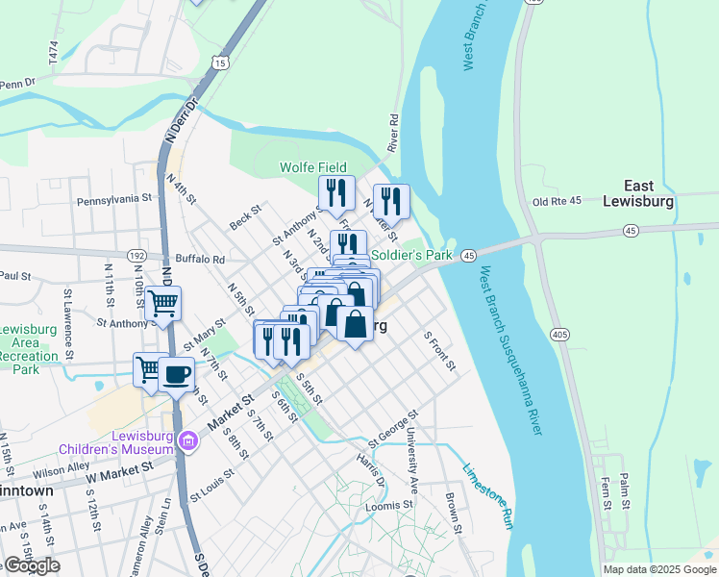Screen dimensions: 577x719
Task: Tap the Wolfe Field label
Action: coord(312,167)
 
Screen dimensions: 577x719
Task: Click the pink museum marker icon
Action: coord(187,441)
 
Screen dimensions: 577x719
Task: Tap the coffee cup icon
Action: coord(176,374)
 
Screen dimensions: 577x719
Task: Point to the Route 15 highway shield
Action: coord(221,63)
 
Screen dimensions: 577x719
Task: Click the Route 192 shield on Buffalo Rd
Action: coord(137,257)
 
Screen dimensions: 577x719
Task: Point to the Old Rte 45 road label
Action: coord(558,201)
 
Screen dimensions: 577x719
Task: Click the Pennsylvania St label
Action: coord(114,200)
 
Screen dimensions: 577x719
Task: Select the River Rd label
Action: coord(392,133)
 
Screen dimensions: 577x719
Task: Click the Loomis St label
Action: coord(388,504)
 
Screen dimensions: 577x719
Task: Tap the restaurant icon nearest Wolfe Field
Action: coord(336,192)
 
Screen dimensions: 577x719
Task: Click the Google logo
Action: coord(31,565)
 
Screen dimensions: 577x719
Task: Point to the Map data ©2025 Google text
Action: coord(658,569)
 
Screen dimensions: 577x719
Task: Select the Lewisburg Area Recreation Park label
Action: coord(35,349)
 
